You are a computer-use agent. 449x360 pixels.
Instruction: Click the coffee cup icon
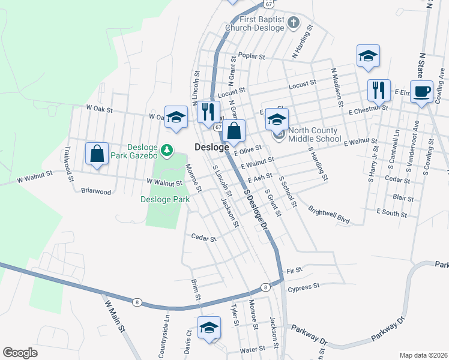point(421,91)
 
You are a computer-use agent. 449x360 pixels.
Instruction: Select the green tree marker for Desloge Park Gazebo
point(170,149)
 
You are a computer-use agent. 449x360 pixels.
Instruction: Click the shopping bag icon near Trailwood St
point(97,154)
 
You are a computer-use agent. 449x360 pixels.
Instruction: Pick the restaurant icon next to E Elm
point(379,91)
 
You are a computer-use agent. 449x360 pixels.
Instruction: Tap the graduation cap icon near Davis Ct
point(209,328)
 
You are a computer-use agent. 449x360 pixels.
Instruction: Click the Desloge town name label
point(211,147)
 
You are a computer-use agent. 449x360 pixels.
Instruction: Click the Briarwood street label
point(96,191)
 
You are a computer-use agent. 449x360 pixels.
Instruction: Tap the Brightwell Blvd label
point(329,215)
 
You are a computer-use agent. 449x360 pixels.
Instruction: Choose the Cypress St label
point(304,288)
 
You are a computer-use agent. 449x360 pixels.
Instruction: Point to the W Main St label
point(114,316)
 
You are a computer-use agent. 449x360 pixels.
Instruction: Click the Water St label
point(252,349)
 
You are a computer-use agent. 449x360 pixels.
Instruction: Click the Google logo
point(20,353)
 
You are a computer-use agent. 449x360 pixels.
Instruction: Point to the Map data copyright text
point(423,355)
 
